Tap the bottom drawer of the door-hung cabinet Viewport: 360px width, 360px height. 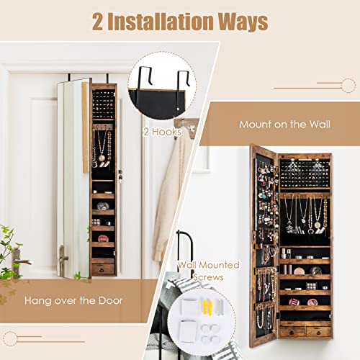click(x=103, y=268)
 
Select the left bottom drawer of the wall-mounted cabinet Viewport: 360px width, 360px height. click(x=292, y=331)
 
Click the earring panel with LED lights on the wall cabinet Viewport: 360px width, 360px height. click(x=303, y=173)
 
